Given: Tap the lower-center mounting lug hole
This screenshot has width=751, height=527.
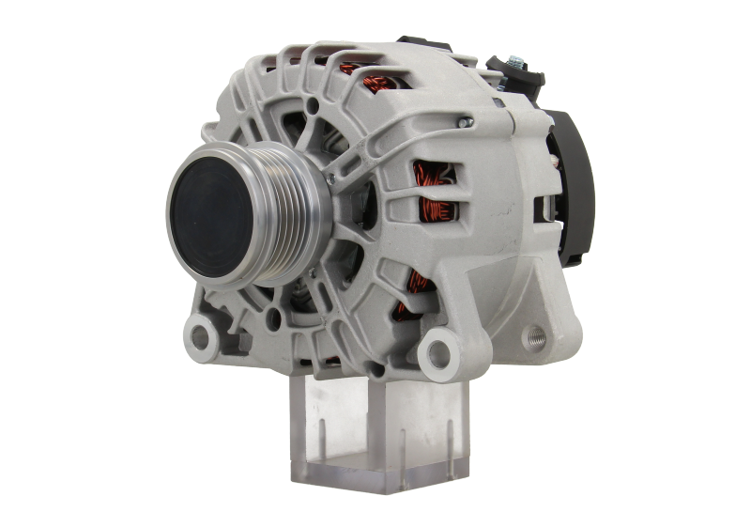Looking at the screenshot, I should pos(435,352).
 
